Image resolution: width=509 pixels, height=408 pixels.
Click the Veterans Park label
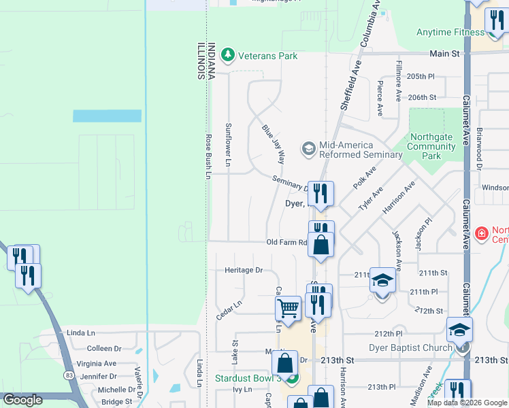(267, 56)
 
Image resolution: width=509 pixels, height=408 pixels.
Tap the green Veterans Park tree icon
(229, 55)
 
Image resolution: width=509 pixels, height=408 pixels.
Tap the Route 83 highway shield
(69, 375)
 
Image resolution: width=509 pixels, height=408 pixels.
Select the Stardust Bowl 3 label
(248, 378)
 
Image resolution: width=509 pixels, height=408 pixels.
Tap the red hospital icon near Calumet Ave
(481, 234)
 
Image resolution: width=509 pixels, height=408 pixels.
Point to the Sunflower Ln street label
(229, 145)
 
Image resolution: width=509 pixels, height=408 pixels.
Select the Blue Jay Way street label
(273, 144)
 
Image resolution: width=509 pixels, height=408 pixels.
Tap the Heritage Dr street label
(244, 270)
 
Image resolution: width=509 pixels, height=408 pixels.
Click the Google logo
(23, 400)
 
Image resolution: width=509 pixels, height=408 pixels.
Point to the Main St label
(445, 53)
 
